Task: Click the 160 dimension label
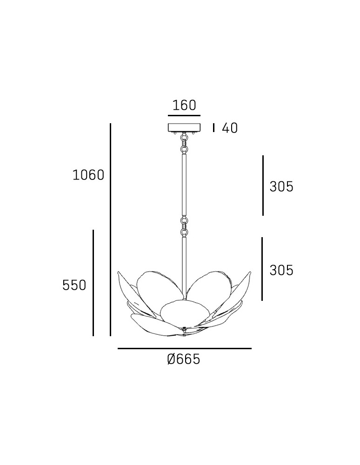click(184, 106)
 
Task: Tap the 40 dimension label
click(230, 128)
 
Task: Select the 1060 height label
click(88, 175)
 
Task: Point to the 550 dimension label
click(74, 285)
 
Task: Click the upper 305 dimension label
click(281, 186)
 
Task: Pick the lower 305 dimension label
click(281, 270)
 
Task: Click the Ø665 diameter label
click(184, 359)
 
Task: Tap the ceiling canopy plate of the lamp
click(184, 127)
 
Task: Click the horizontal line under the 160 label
click(184, 115)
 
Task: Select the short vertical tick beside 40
click(213, 128)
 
